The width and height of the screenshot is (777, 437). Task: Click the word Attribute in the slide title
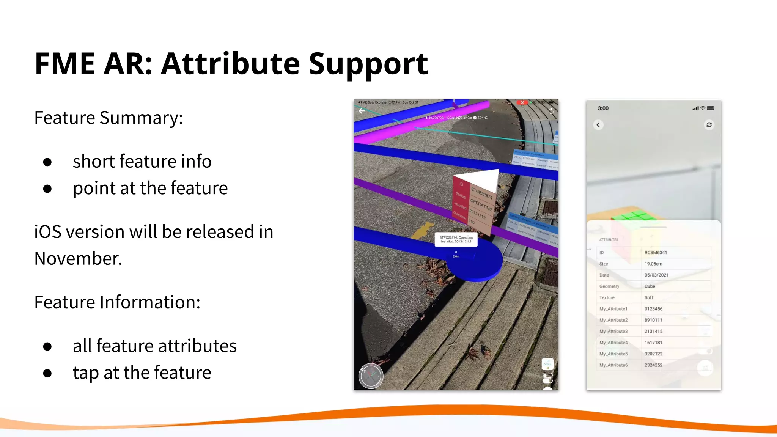[230, 64]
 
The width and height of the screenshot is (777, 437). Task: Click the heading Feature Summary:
[109, 118]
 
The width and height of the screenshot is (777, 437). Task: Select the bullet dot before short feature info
[47, 162]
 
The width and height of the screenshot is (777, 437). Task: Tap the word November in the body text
[78, 259]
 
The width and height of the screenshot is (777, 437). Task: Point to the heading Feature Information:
[117, 302]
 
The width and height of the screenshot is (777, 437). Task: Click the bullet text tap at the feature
[142, 373]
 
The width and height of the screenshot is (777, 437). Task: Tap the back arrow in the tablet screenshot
[362, 111]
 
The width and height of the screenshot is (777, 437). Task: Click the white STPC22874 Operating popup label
[456, 239]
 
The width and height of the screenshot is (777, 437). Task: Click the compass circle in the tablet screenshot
[371, 376]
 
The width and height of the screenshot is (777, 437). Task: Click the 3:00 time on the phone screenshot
[603, 108]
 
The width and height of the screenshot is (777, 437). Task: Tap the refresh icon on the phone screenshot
[709, 125]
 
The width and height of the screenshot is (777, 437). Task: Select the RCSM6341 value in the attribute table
[656, 253]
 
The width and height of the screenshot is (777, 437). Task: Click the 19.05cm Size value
[653, 264]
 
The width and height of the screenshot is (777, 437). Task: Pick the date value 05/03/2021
[656, 275]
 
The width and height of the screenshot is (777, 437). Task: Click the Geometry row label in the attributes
[609, 286]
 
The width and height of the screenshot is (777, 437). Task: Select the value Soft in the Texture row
[649, 298]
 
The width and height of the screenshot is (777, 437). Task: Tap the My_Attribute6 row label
[613, 365]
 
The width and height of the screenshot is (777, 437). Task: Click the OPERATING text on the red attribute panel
[481, 205]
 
